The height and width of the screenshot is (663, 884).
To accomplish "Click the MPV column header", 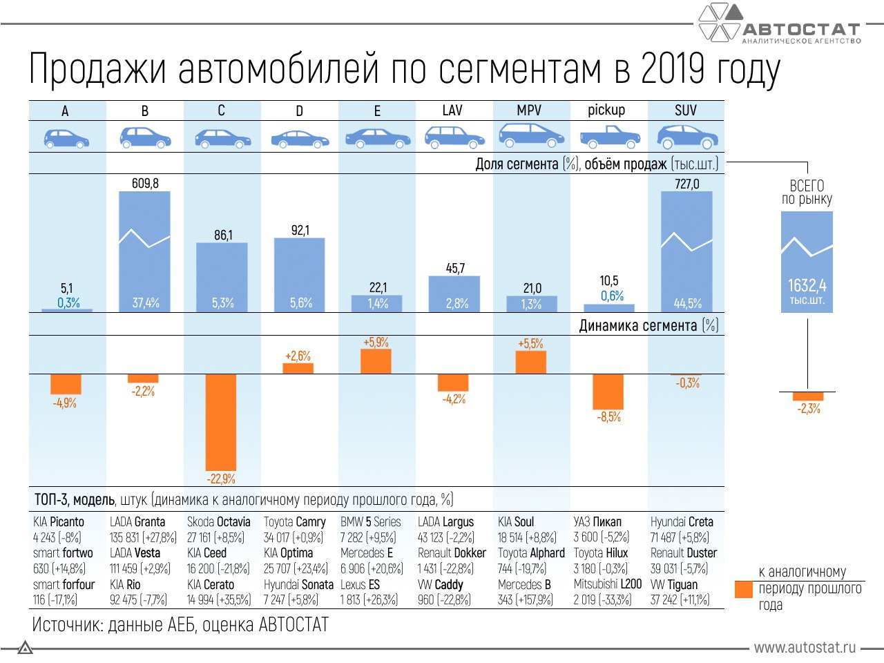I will coord(530,110).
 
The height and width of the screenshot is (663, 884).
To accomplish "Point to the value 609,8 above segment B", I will coord(145,183).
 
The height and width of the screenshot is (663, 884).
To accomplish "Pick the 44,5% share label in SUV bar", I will coord(687,303).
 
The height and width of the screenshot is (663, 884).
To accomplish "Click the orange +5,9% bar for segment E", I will coord(376,361).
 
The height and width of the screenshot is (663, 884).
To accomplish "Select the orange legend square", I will coord(744,589).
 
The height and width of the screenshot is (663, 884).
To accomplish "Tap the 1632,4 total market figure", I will coord(807,285).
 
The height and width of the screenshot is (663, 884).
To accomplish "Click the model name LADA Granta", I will coord(137,522).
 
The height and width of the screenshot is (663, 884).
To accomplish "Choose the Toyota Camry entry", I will coord(294,522).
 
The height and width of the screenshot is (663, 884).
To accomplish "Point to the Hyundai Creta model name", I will coord(682,522).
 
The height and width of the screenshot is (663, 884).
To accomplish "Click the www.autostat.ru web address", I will coord(805,647).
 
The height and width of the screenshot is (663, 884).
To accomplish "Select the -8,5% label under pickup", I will coord(609,417).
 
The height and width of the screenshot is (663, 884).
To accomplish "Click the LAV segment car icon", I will coord(454,137).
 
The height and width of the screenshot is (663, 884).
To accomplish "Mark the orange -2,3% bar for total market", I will coord(808,396).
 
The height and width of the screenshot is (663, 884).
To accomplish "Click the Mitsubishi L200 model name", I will coord(608,584).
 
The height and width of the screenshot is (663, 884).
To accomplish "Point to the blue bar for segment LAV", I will coord(454,294).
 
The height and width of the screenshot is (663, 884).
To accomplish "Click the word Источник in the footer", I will coord(66,625).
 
